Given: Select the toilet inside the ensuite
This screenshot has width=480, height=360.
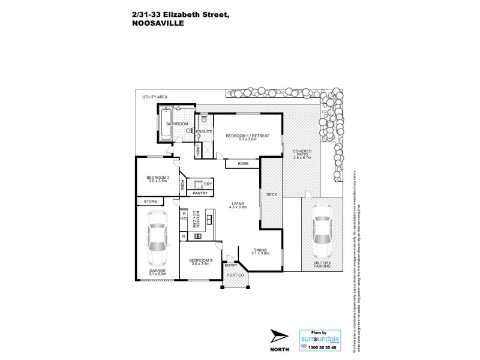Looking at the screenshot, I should [x=203, y=120].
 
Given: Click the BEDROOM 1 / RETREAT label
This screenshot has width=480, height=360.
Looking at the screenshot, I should [x=241, y=137].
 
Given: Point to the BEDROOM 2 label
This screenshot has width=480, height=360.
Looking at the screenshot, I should [x=159, y=179].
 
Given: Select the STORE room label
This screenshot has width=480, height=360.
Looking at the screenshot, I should [x=150, y=202].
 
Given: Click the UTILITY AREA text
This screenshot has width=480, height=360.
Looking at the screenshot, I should [x=154, y=97].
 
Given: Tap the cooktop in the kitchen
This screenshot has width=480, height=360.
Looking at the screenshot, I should [x=198, y=237].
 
